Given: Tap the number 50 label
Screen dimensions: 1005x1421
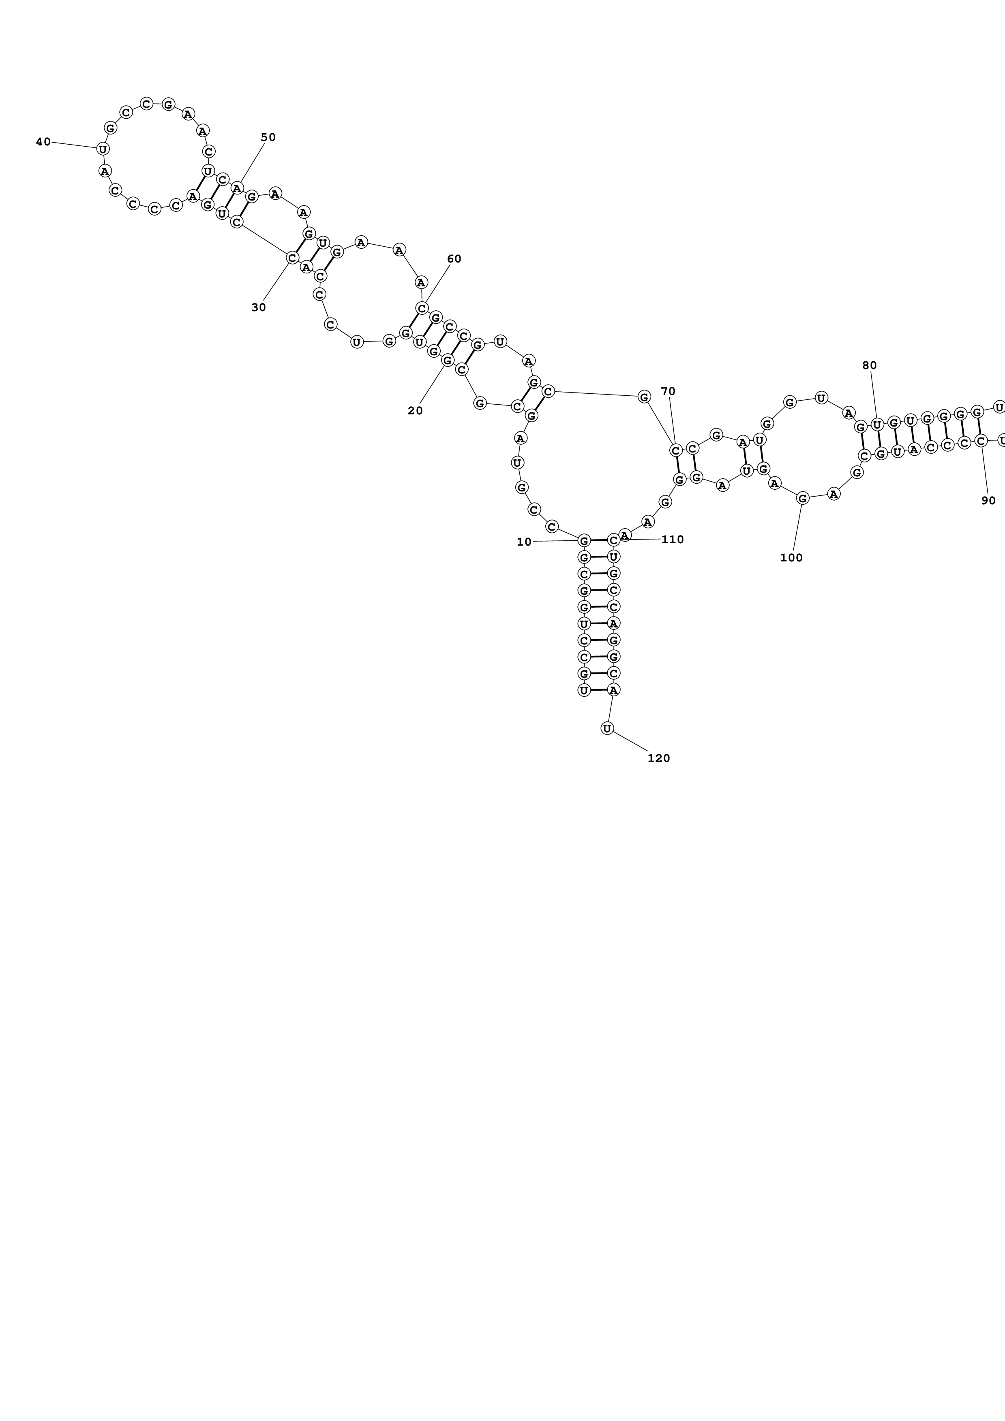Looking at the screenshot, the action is (268, 137).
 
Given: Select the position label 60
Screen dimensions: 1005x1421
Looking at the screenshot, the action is (454, 259).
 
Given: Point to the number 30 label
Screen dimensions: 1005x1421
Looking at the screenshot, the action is (259, 307).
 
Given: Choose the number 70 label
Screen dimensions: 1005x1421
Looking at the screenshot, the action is (668, 391).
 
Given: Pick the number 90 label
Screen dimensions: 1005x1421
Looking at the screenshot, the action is (989, 500).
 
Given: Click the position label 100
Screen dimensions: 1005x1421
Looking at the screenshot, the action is (791, 557).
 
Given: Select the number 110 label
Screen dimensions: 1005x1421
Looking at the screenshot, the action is (673, 539).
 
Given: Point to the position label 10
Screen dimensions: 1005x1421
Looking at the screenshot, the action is (524, 542).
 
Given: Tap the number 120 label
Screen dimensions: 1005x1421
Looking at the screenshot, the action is (659, 758).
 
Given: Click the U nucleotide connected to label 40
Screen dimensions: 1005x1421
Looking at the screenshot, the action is (103, 149).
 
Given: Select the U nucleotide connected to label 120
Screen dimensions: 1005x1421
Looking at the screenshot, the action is (607, 728).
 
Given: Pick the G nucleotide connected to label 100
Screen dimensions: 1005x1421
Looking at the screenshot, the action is (803, 497).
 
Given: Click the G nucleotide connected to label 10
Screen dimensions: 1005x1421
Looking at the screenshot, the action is (583, 541).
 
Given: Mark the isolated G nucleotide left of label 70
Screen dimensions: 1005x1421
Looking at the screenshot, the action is (644, 396).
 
